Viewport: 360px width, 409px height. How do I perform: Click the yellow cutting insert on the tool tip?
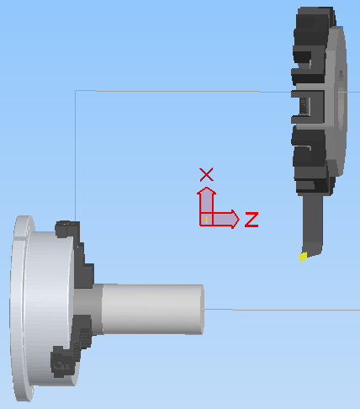303,257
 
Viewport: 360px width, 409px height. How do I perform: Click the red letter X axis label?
206,174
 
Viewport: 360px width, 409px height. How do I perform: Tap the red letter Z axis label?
251,220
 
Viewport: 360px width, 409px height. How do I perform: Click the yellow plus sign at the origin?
206,220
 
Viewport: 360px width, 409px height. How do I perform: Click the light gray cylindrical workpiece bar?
153,309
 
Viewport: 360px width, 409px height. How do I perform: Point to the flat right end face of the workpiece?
203,310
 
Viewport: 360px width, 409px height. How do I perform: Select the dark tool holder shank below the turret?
312,225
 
